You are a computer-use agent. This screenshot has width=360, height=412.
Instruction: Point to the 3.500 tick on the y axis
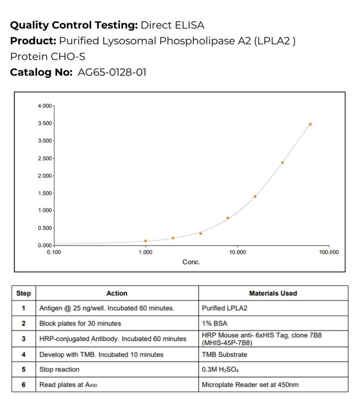[x=44, y=123]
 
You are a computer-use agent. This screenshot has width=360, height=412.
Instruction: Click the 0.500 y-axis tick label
[x=44, y=228]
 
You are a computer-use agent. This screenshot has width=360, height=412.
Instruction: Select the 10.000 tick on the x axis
[x=238, y=252]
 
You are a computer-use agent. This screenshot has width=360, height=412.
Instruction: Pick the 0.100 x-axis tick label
[x=54, y=252]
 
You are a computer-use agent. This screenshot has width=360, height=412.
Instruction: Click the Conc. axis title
[x=191, y=262]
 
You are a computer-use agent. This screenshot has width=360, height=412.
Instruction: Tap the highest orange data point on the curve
[x=310, y=124]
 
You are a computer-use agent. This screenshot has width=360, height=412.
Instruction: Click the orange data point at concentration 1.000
[x=146, y=241]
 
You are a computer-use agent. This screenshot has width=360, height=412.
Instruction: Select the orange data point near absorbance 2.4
[x=282, y=162]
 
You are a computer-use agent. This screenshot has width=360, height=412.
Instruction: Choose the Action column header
[x=116, y=293]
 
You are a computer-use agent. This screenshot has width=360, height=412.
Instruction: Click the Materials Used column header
[x=273, y=293]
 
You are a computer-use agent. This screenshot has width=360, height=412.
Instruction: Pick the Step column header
[x=24, y=293]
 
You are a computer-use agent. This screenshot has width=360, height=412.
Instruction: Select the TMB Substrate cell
[x=225, y=354]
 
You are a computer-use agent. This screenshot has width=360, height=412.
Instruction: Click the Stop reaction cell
[x=59, y=369]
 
